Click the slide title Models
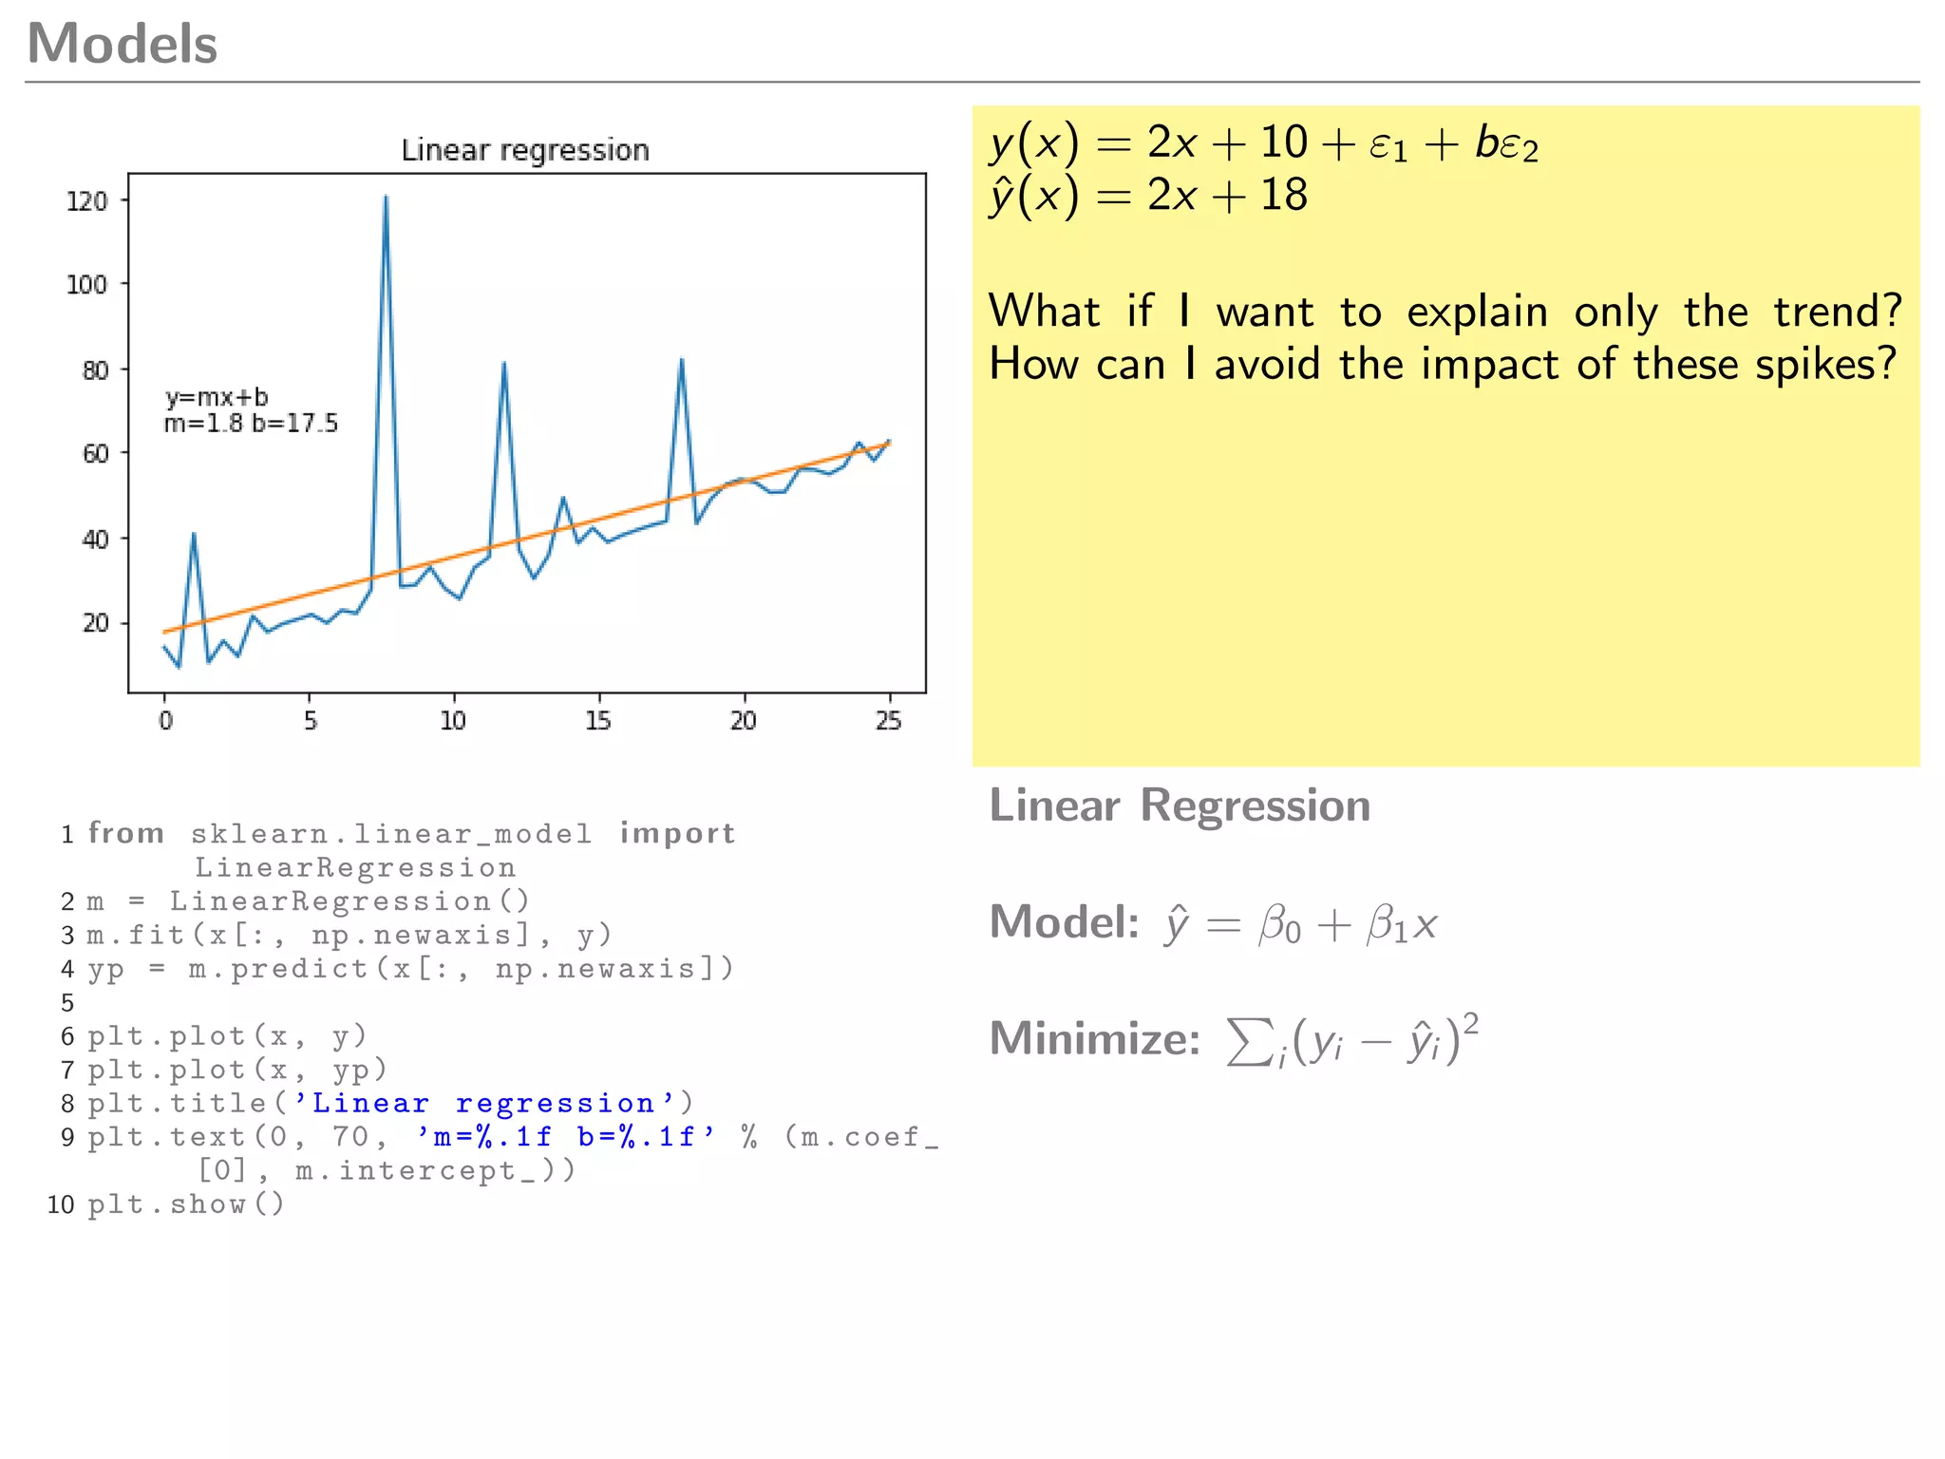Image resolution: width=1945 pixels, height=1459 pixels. coord(123,45)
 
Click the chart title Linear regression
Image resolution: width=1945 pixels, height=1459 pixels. coord(525,150)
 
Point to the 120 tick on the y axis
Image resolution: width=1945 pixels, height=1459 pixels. coord(87,201)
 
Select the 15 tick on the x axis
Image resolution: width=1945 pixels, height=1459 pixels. coord(598,721)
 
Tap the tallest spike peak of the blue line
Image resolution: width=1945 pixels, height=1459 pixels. coord(386,197)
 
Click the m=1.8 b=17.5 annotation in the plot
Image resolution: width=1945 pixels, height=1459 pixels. coord(251,424)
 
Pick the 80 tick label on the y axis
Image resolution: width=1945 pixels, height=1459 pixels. coord(95,369)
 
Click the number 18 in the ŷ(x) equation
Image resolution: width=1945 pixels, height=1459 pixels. coord(1283,196)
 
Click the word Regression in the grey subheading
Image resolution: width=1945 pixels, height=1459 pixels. coord(1255,805)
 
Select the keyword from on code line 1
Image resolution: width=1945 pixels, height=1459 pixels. coord(126,833)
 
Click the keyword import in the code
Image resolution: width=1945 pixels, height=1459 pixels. coord(677,833)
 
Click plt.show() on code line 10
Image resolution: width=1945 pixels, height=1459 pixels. coord(186,1204)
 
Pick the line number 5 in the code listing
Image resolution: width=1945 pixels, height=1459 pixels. coord(67,1003)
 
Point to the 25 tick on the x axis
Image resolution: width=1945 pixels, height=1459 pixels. coord(889,721)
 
